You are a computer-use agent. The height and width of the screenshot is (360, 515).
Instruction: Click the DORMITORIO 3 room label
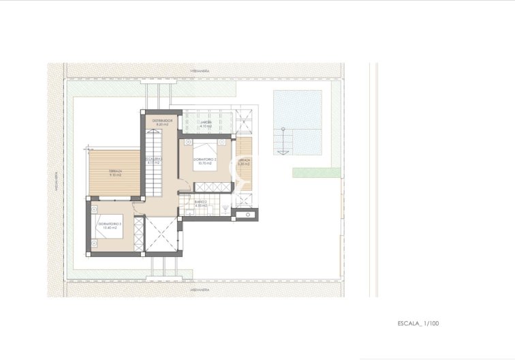(110, 223)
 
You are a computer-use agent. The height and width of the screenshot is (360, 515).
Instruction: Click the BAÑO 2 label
(200, 202)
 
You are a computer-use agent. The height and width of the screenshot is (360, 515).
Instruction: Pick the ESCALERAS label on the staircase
(153, 159)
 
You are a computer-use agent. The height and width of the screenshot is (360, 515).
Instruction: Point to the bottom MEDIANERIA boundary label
(200, 290)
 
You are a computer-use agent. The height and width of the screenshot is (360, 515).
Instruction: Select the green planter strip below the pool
(317, 172)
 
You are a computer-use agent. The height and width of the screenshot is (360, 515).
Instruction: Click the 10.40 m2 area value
(110, 228)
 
